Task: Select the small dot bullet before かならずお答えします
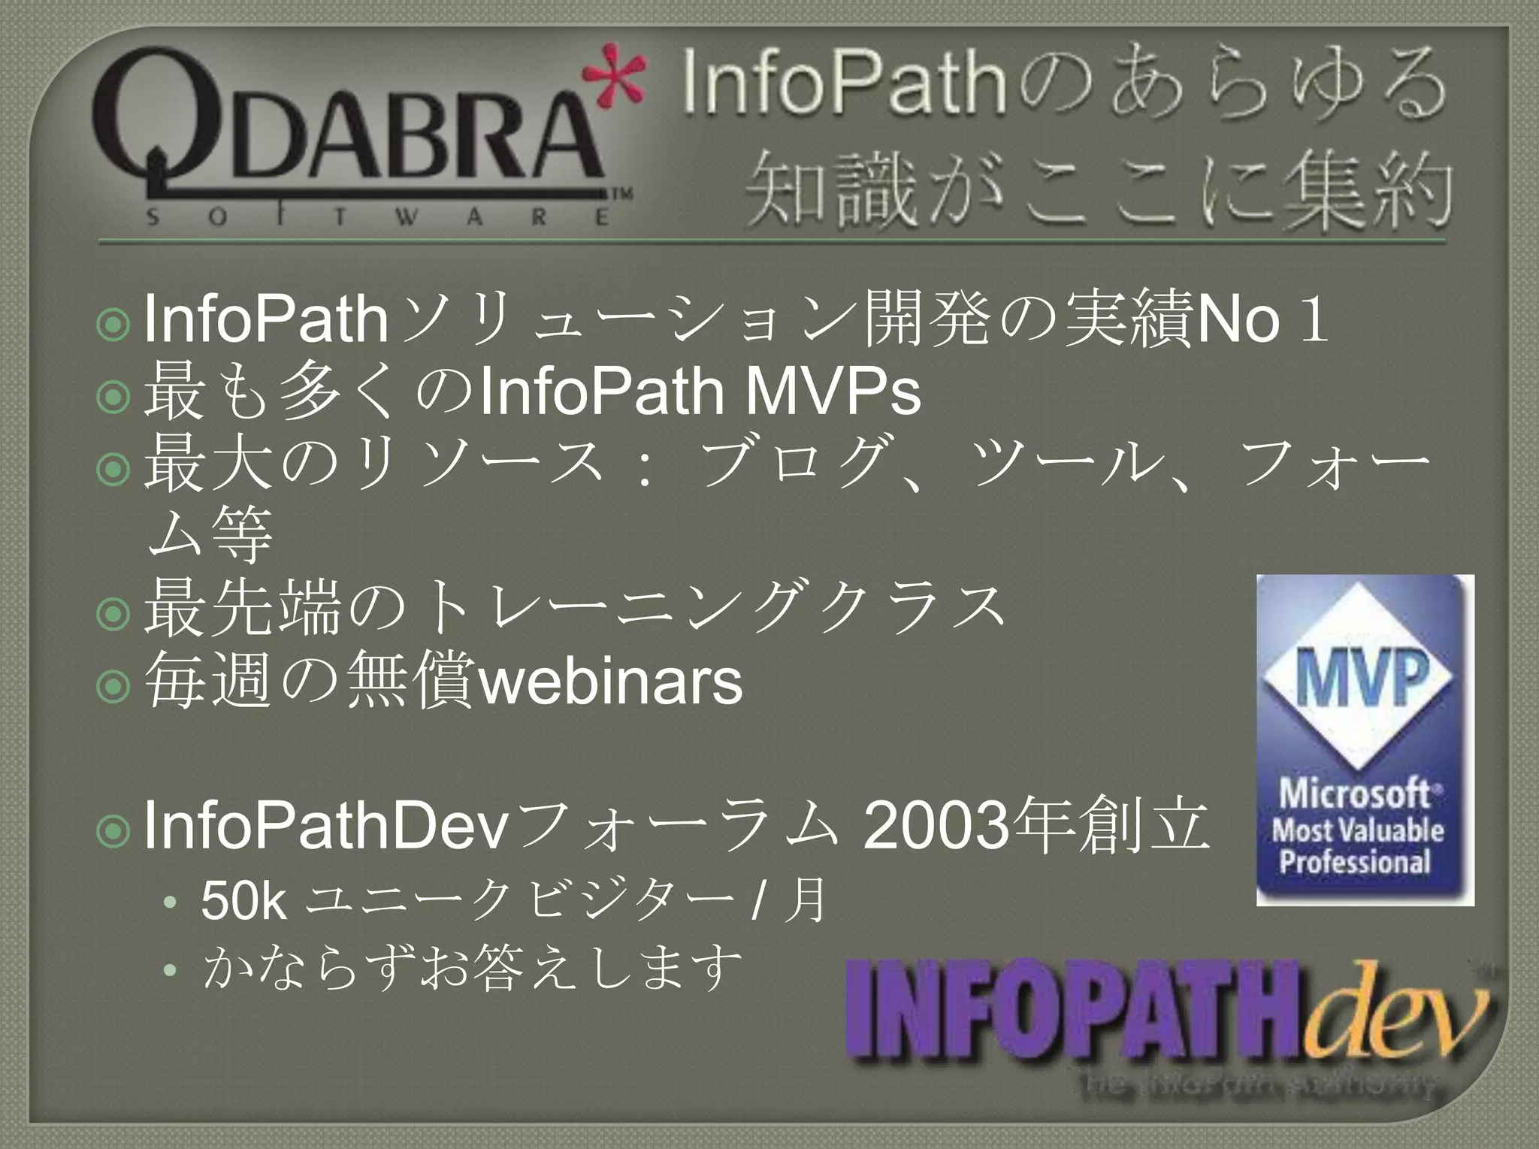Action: [171, 970]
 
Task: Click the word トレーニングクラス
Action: [714, 608]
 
